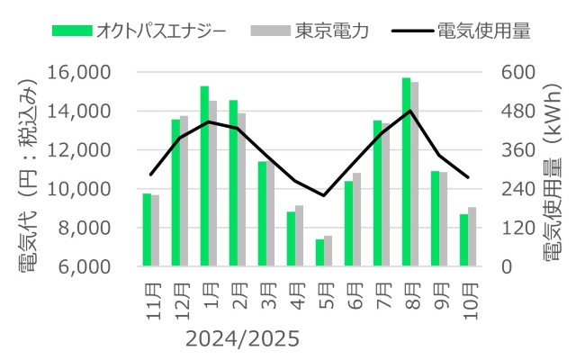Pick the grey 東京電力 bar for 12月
pos(184,192)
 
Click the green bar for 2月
pos(233,184)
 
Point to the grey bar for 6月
pos(357,220)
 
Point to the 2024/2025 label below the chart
pos(240,340)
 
